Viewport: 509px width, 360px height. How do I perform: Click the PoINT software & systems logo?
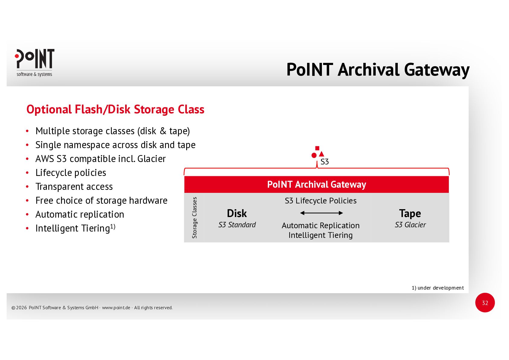(34, 63)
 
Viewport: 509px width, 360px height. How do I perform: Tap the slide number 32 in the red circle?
(485, 303)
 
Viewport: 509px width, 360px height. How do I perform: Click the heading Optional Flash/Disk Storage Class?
(115, 109)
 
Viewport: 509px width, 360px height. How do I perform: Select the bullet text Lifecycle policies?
(71, 173)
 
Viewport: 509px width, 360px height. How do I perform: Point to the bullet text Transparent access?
(74, 186)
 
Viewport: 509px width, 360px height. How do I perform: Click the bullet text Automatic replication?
(80, 214)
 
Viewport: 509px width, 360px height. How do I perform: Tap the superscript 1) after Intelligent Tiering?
(113, 226)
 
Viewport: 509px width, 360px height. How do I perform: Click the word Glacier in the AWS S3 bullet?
(151, 159)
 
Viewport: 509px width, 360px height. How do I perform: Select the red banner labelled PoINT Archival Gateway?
(316, 184)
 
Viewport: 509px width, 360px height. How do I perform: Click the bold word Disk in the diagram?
(237, 213)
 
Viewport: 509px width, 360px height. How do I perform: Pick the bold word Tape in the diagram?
(410, 213)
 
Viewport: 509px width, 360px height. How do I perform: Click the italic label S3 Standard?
(237, 225)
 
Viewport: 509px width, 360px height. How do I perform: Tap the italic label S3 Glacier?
(410, 225)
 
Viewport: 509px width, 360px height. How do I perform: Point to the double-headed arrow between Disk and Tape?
(321, 213)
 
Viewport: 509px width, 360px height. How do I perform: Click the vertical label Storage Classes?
(194, 218)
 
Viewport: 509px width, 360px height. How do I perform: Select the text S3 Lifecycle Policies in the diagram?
(320, 201)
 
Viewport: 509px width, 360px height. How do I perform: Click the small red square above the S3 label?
(317, 148)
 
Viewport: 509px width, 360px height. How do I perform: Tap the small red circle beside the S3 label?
(314, 155)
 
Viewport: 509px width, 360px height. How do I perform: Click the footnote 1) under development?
(437, 288)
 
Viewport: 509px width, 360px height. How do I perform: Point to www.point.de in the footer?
(116, 308)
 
